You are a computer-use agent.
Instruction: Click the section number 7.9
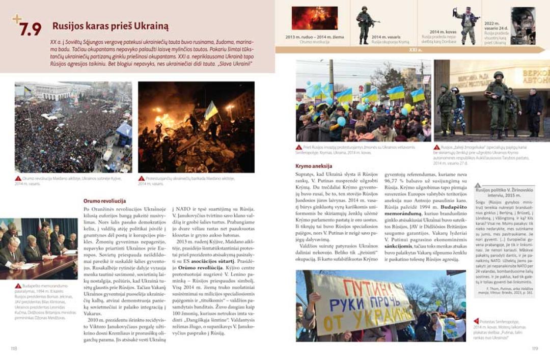[x=31, y=29]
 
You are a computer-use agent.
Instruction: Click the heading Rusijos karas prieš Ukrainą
[x=110, y=26]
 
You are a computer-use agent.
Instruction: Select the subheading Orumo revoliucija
[x=105, y=201]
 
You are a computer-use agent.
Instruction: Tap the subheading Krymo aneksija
[x=314, y=166]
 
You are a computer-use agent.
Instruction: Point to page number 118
[x=14, y=348]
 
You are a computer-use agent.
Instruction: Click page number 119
[x=535, y=348]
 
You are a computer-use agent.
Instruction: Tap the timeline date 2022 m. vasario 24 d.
[x=493, y=26]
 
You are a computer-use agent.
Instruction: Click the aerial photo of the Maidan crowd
[x=73, y=127]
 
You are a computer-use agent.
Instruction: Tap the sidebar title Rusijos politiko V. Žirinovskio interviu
[x=504, y=192]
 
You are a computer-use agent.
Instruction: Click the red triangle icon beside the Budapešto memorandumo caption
[x=18, y=286]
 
